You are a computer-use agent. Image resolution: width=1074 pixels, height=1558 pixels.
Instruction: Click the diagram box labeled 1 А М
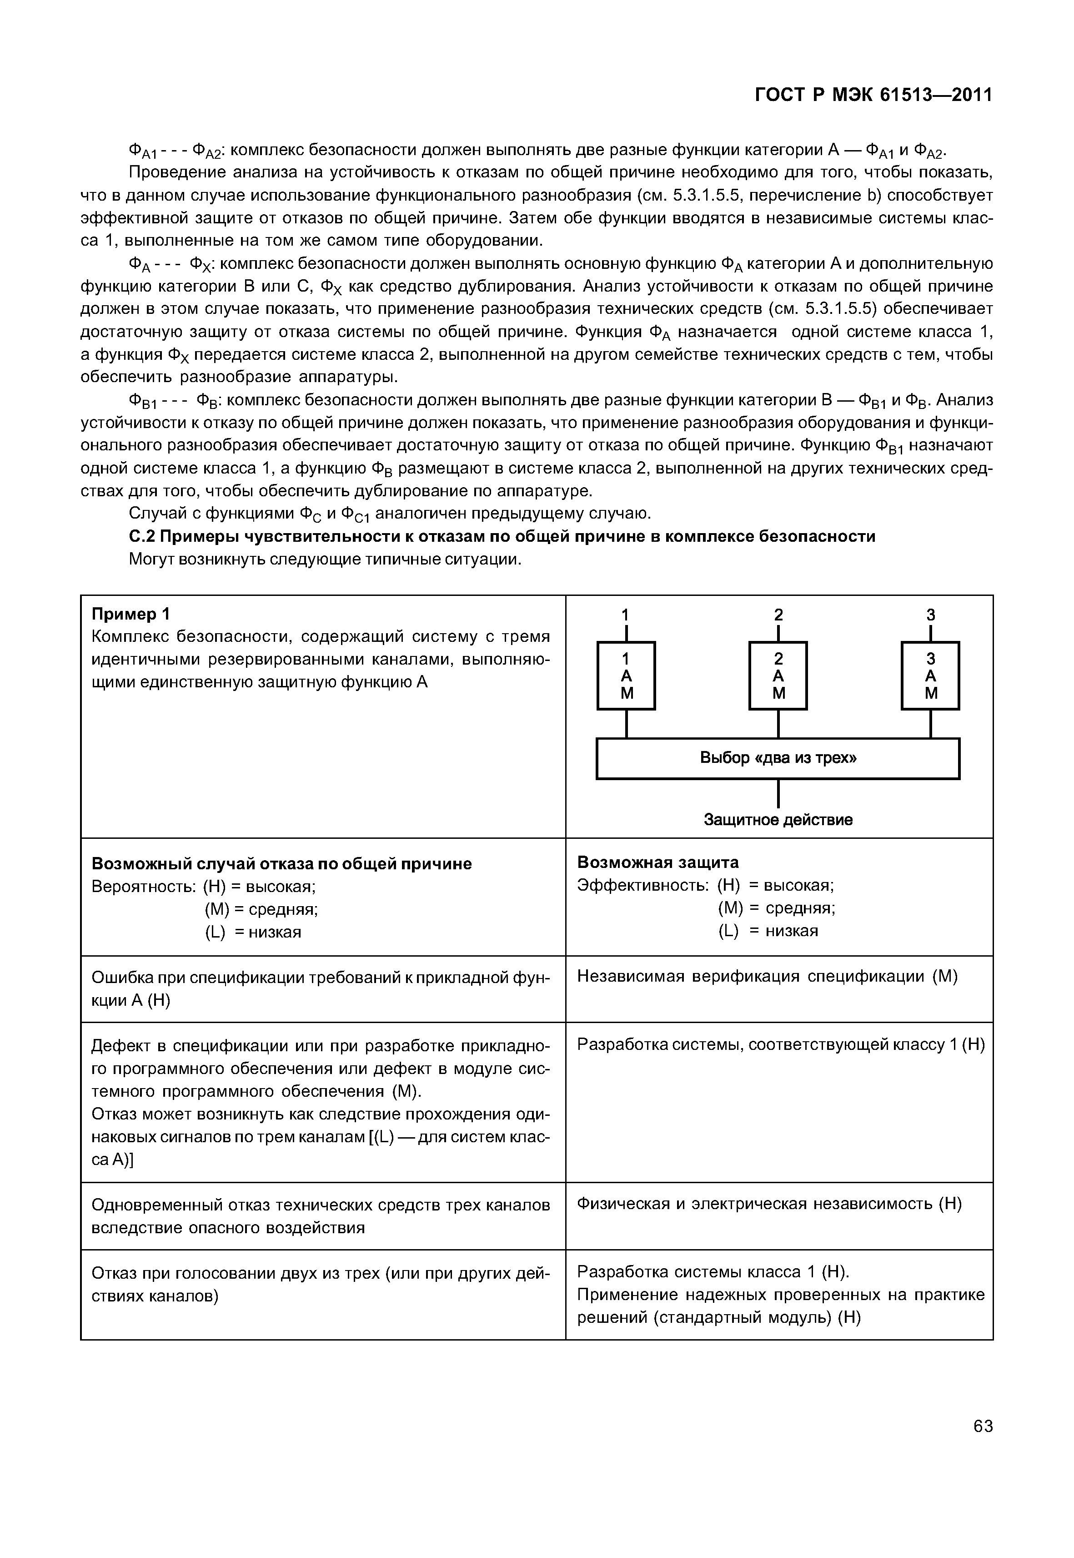pyautogui.click(x=626, y=676)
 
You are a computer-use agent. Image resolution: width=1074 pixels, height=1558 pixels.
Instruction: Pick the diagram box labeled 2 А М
pyautogui.click(x=778, y=676)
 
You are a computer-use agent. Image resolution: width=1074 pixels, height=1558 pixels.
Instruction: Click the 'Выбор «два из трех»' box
pyautogui.click(x=778, y=758)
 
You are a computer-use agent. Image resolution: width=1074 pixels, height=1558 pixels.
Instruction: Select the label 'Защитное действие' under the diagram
pyautogui.click(x=778, y=819)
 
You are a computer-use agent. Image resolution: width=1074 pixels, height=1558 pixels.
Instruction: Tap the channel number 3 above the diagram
pyautogui.click(x=931, y=615)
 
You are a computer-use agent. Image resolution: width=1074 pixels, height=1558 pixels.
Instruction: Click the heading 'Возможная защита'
pyautogui.click(x=657, y=862)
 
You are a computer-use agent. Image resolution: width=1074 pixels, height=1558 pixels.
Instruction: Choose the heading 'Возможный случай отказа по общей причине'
pyautogui.click(x=281, y=863)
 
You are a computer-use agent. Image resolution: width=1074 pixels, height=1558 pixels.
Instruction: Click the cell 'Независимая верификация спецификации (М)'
pyautogui.click(x=767, y=976)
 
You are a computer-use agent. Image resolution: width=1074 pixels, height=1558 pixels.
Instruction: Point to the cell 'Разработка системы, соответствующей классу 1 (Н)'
pyautogui.click(x=781, y=1044)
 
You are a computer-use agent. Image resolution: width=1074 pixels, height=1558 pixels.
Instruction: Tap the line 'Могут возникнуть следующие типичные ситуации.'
pyautogui.click(x=325, y=560)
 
